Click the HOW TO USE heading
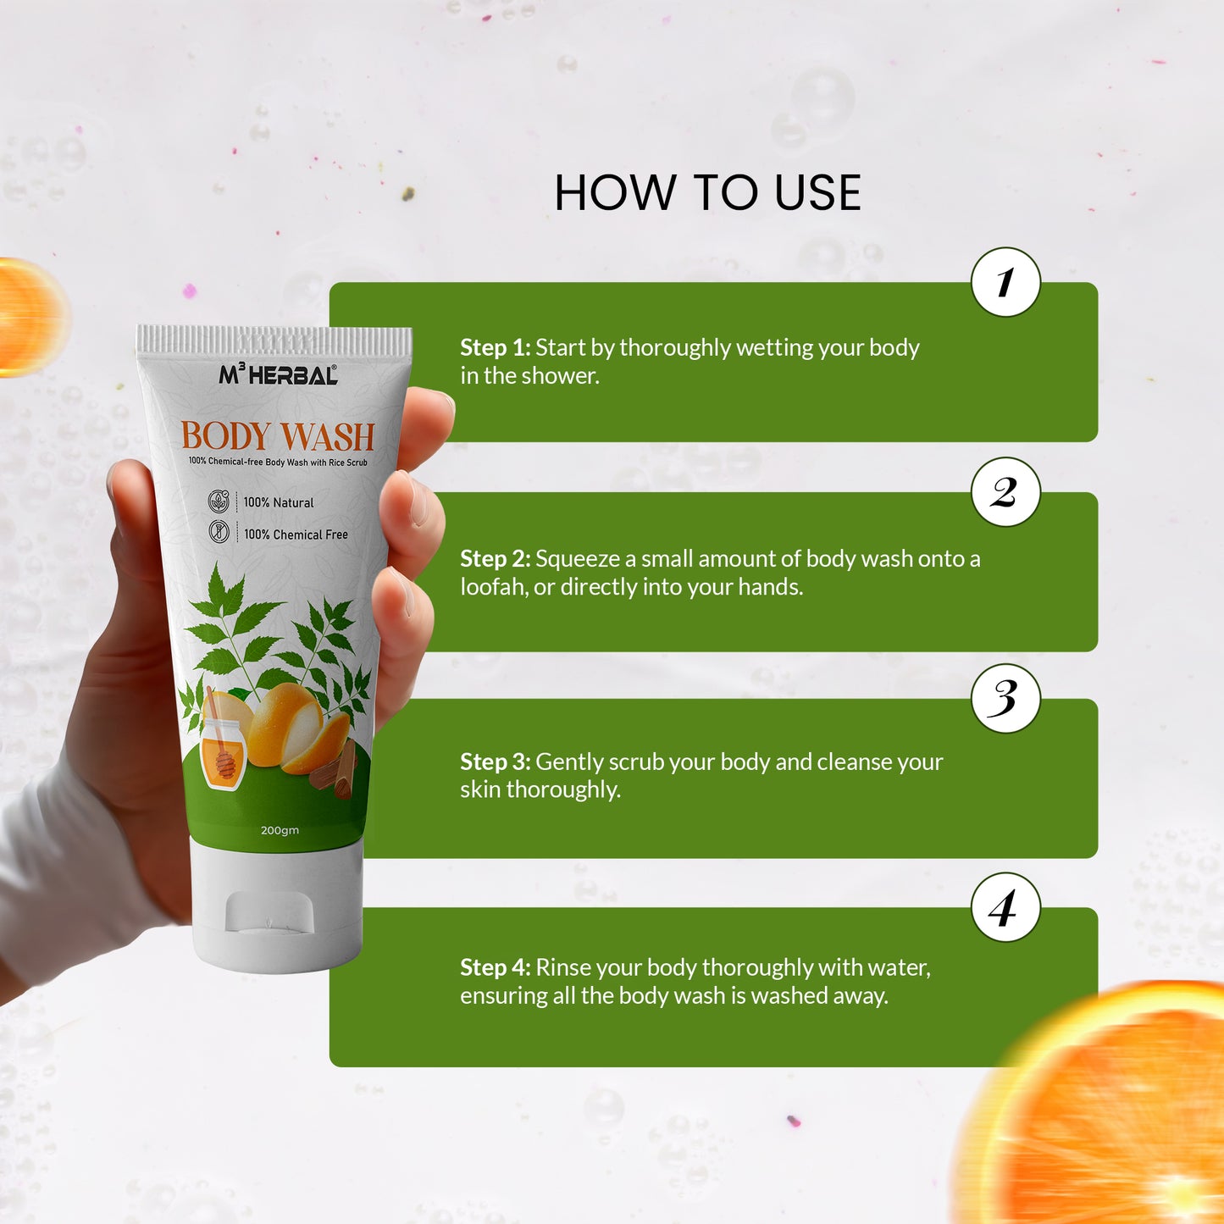pyautogui.click(x=707, y=192)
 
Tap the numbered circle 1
pyautogui.click(x=1005, y=282)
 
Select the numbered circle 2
pyautogui.click(x=1005, y=491)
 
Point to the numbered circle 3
pyautogui.click(x=1005, y=699)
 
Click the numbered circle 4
pyautogui.click(x=1005, y=907)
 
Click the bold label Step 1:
pyautogui.click(x=496, y=347)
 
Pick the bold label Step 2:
pyautogui.click(x=496, y=558)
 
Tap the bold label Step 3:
pyautogui.click(x=496, y=762)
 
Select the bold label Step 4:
pyautogui.click(x=496, y=967)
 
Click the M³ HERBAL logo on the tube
pyautogui.click(x=278, y=374)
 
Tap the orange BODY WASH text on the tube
pyautogui.click(x=278, y=435)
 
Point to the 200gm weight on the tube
pyautogui.click(x=280, y=830)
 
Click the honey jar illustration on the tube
pyautogui.click(x=221, y=750)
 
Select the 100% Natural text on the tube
pyautogui.click(x=278, y=502)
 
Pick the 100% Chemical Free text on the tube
pyautogui.click(x=296, y=534)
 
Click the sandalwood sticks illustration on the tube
pyautogui.click(x=335, y=771)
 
